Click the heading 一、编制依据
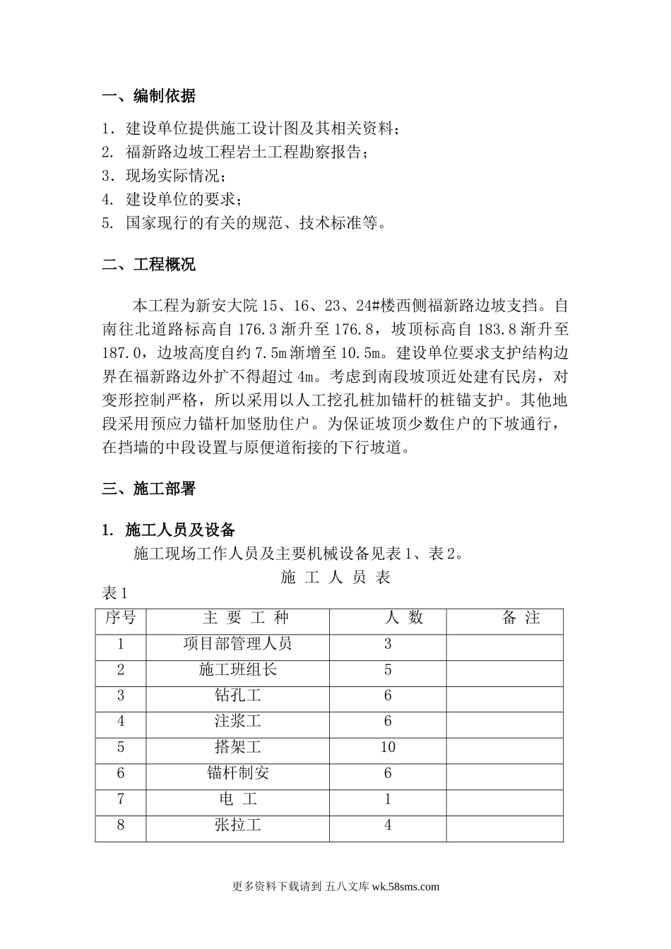149,96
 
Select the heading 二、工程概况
149,265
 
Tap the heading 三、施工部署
149,488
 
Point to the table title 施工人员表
335,578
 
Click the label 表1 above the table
114,593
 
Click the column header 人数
403,618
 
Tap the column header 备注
521,618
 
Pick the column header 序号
121,618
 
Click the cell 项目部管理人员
237,644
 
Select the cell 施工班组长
237,669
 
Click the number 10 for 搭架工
388,747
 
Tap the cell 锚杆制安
237,773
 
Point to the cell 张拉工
237,825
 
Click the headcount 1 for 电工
388,799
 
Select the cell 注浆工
237,721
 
